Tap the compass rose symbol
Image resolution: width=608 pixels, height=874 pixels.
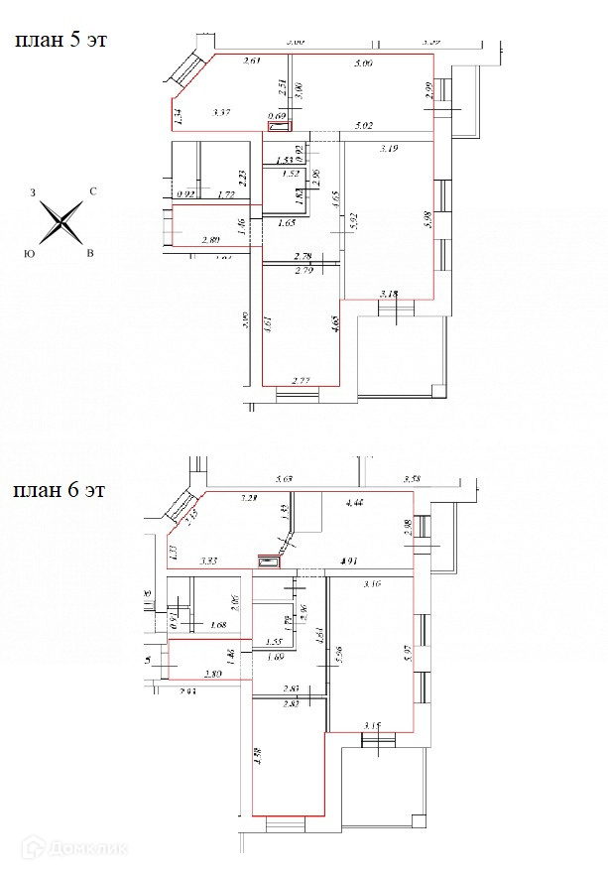click(x=62, y=221)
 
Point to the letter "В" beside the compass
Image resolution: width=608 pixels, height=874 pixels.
click(x=90, y=254)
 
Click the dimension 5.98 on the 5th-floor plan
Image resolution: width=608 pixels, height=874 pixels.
click(x=426, y=220)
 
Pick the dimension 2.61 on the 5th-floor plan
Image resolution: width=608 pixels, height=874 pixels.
click(x=251, y=62)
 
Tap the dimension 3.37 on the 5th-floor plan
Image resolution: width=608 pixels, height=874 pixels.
click(x=221, y=113)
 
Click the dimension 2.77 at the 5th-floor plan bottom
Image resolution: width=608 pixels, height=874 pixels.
click(x=302, y=380)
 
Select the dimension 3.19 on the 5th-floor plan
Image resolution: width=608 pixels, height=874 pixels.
click(x=389, y=149)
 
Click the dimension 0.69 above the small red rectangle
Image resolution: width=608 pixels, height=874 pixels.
click(x=279, y=117)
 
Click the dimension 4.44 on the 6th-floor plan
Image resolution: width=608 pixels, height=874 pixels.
click(x=354, y=504)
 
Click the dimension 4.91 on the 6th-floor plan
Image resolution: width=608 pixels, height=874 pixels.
click(x=349, y=562)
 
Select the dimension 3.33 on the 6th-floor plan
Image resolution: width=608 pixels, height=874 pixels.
click(x=209, y=561)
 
